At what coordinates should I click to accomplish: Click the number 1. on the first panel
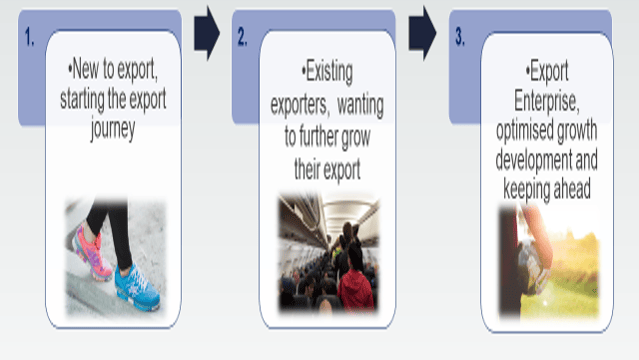29,37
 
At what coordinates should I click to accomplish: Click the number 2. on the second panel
242,37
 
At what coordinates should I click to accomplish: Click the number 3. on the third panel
460,37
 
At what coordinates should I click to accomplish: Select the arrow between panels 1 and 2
207,33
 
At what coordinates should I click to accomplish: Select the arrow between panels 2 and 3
422,33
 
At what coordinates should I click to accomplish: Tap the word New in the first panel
86,68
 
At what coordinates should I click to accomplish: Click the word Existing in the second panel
329,72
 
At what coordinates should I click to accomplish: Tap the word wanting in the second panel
360,105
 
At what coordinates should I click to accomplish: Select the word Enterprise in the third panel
546,100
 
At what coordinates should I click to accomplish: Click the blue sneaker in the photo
137,288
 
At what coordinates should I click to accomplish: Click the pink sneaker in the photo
91,253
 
